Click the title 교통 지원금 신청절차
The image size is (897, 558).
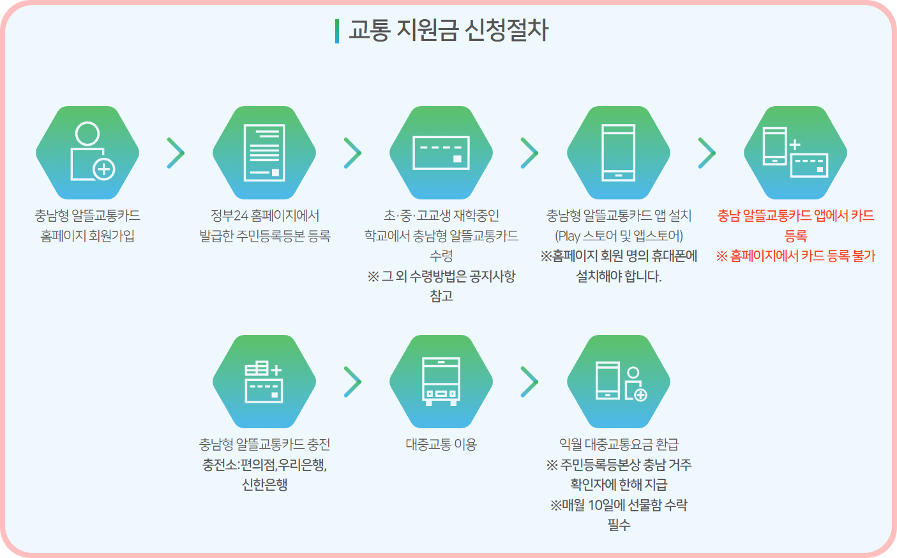click(449, 30)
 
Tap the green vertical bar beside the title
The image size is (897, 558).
click(336, 31)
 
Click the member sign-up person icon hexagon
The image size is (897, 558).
click(87, 153)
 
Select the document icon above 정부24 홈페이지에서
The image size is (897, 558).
click(264, 153)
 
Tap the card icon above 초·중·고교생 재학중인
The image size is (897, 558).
click(441, 153)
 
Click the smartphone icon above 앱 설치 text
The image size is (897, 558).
click(619, 153)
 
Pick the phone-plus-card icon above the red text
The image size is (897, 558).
click(795, 153)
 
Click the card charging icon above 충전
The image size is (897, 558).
click(264, 382)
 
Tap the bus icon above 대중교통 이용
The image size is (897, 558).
click(441, 382)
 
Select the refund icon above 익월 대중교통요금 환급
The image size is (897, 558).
click(619, 382)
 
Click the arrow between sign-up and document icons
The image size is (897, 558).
click(176, 153)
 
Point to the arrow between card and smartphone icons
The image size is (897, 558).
click(529, 153)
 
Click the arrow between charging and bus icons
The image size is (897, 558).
click(352, 382)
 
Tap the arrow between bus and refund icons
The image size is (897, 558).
click(529, 382)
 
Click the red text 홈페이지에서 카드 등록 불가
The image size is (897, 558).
click(802, 256)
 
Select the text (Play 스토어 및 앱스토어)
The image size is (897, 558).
click(619, 236)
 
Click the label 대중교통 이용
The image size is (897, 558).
click(441, 444)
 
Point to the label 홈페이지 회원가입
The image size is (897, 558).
click(87, 236)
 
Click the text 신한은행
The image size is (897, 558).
click(264, 484)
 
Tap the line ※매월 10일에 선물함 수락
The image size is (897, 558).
click(619, 505)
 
